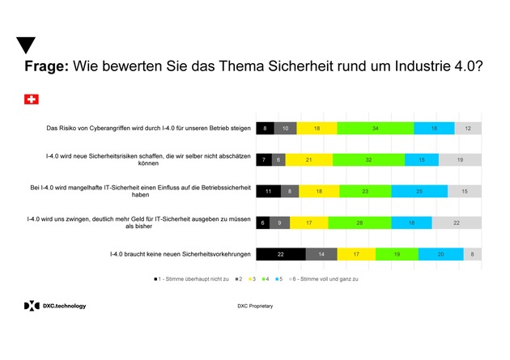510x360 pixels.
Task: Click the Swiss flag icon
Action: point(32,100)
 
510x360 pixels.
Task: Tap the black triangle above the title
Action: point(26,45)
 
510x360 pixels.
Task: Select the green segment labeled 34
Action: point(376,129)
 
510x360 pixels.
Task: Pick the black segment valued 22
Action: point(280,254)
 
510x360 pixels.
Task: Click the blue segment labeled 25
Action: point(419,192)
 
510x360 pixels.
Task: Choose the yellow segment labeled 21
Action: point(308,160)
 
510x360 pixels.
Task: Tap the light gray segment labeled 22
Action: point(457,222)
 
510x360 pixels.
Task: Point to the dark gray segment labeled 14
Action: point(321,254)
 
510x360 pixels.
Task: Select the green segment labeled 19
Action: point(397,254)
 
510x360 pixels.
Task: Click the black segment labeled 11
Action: point(268,192)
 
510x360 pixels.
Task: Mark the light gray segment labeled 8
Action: point(472,254)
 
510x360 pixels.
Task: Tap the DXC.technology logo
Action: point(54,306)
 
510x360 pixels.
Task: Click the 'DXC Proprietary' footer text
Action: point(254,307)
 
